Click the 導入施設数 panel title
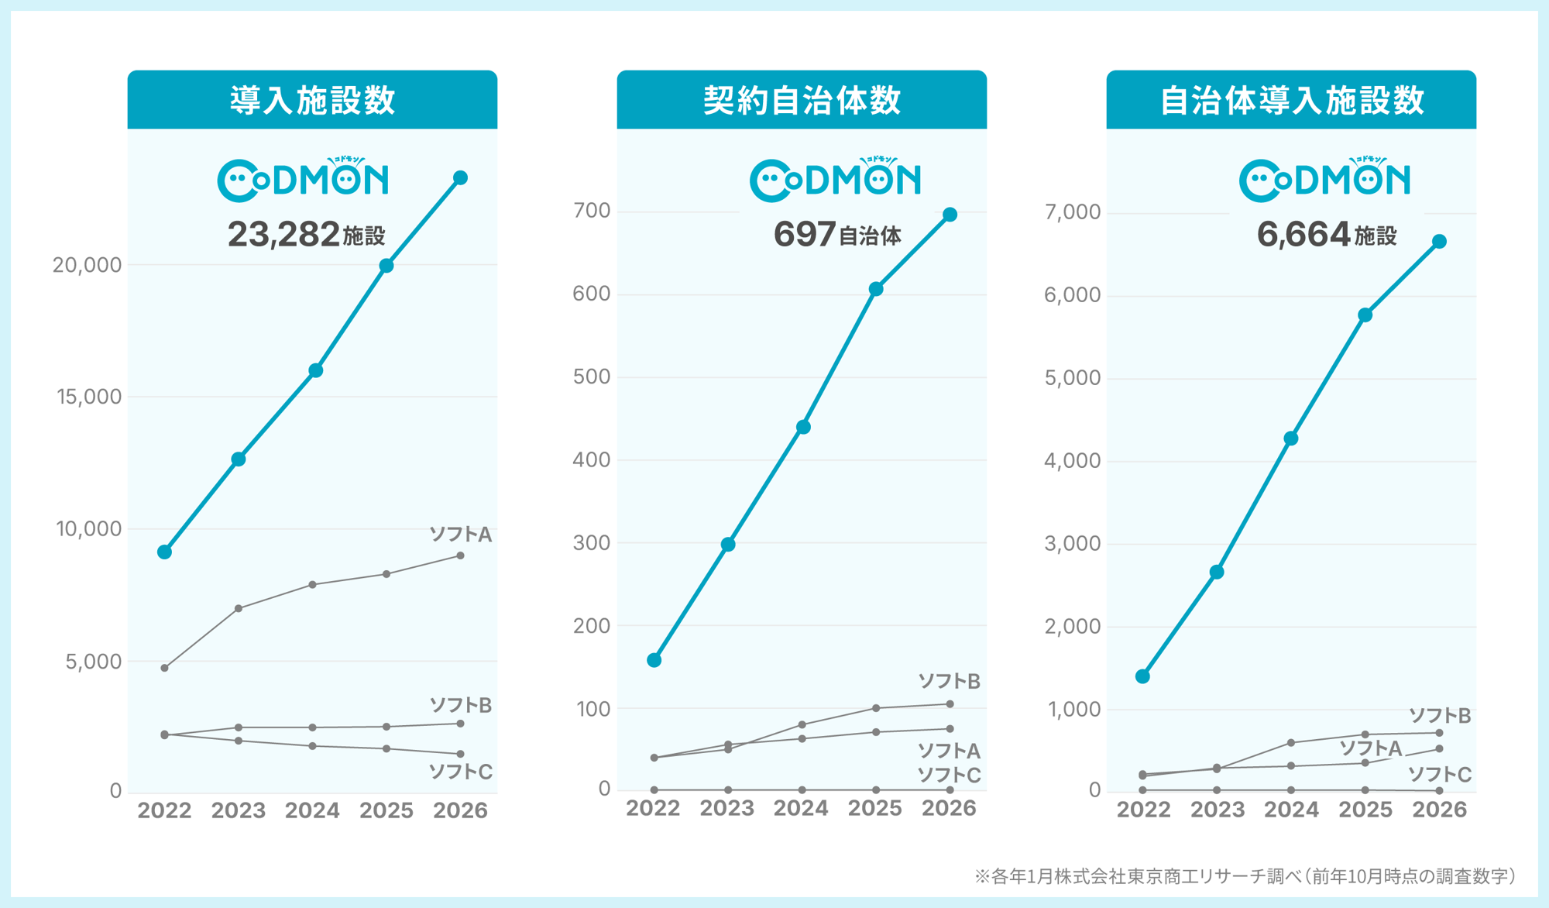(312, 100)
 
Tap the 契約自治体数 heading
(802, 100)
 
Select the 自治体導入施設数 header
(1291, 100)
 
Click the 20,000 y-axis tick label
(87, 265)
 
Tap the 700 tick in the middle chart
(592, 211)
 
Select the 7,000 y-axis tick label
(1072, 212)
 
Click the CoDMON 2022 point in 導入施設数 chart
(164, 552)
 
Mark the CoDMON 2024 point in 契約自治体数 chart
(803, 427)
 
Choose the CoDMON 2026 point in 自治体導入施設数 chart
(1439, 242)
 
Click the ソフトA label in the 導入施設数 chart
(460, 534)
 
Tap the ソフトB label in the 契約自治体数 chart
(949, 681)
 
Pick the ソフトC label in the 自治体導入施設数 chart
(1439, 773)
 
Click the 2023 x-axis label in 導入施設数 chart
(238, 810)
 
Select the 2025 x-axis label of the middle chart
(874, 808)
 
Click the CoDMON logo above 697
(835, 180)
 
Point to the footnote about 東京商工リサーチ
(1245, 876)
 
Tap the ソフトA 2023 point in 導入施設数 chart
(239, 608)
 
